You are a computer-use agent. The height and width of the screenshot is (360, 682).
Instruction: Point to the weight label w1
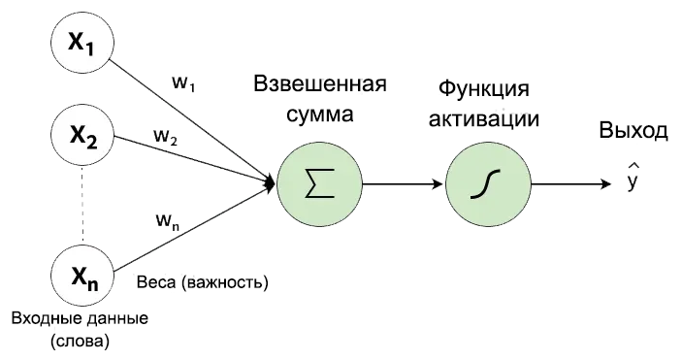[184, 83]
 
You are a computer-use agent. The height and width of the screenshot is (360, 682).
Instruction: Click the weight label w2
[166, 136]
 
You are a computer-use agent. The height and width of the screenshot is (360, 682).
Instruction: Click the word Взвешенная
[320, 83]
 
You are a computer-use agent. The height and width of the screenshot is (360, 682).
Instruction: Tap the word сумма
[320, 115]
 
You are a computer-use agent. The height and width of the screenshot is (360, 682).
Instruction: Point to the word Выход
[633, 132]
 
